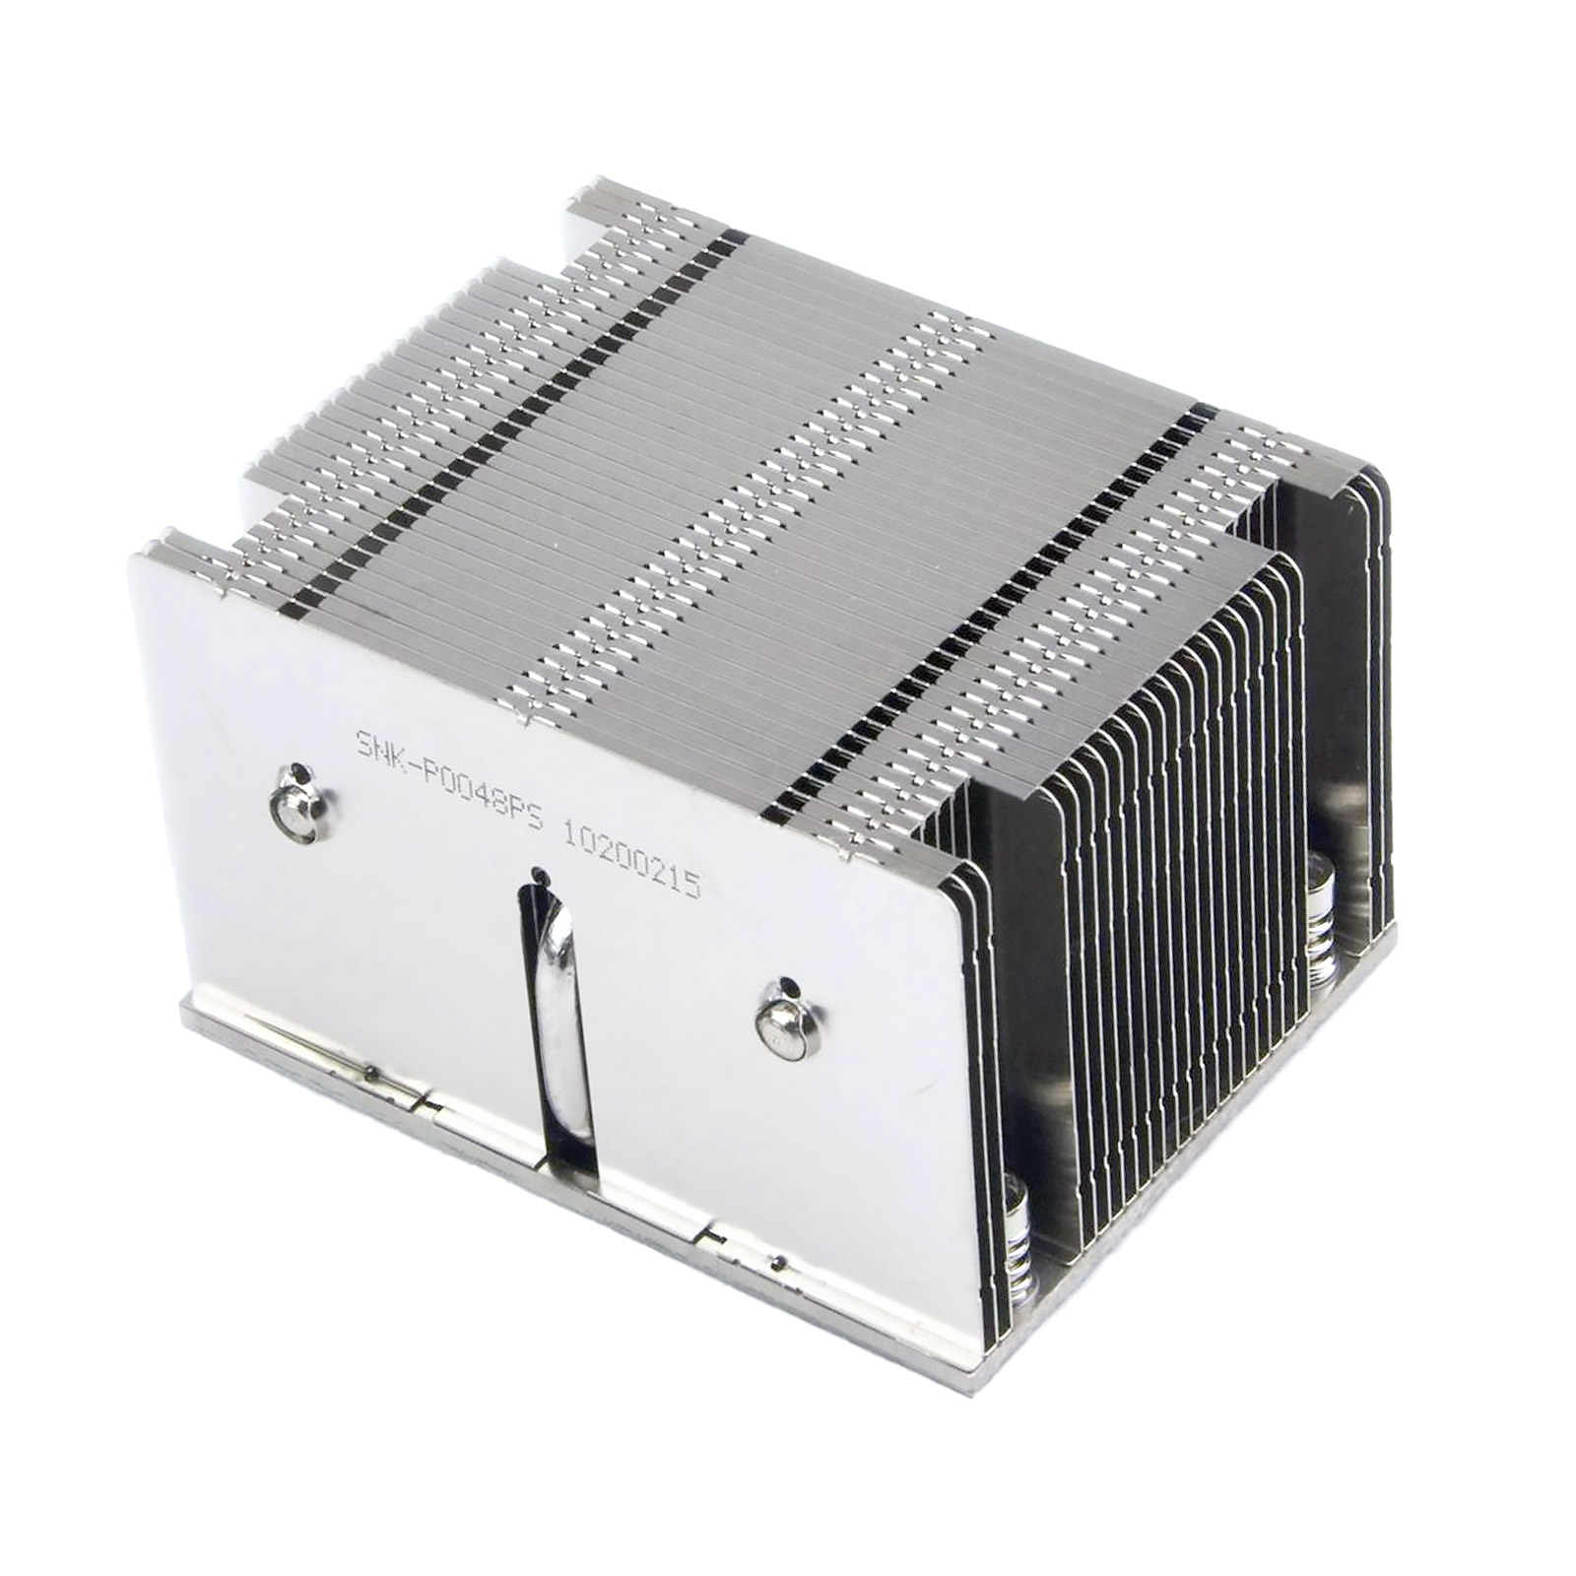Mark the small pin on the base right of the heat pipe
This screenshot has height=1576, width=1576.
[x=779, y=1260]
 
